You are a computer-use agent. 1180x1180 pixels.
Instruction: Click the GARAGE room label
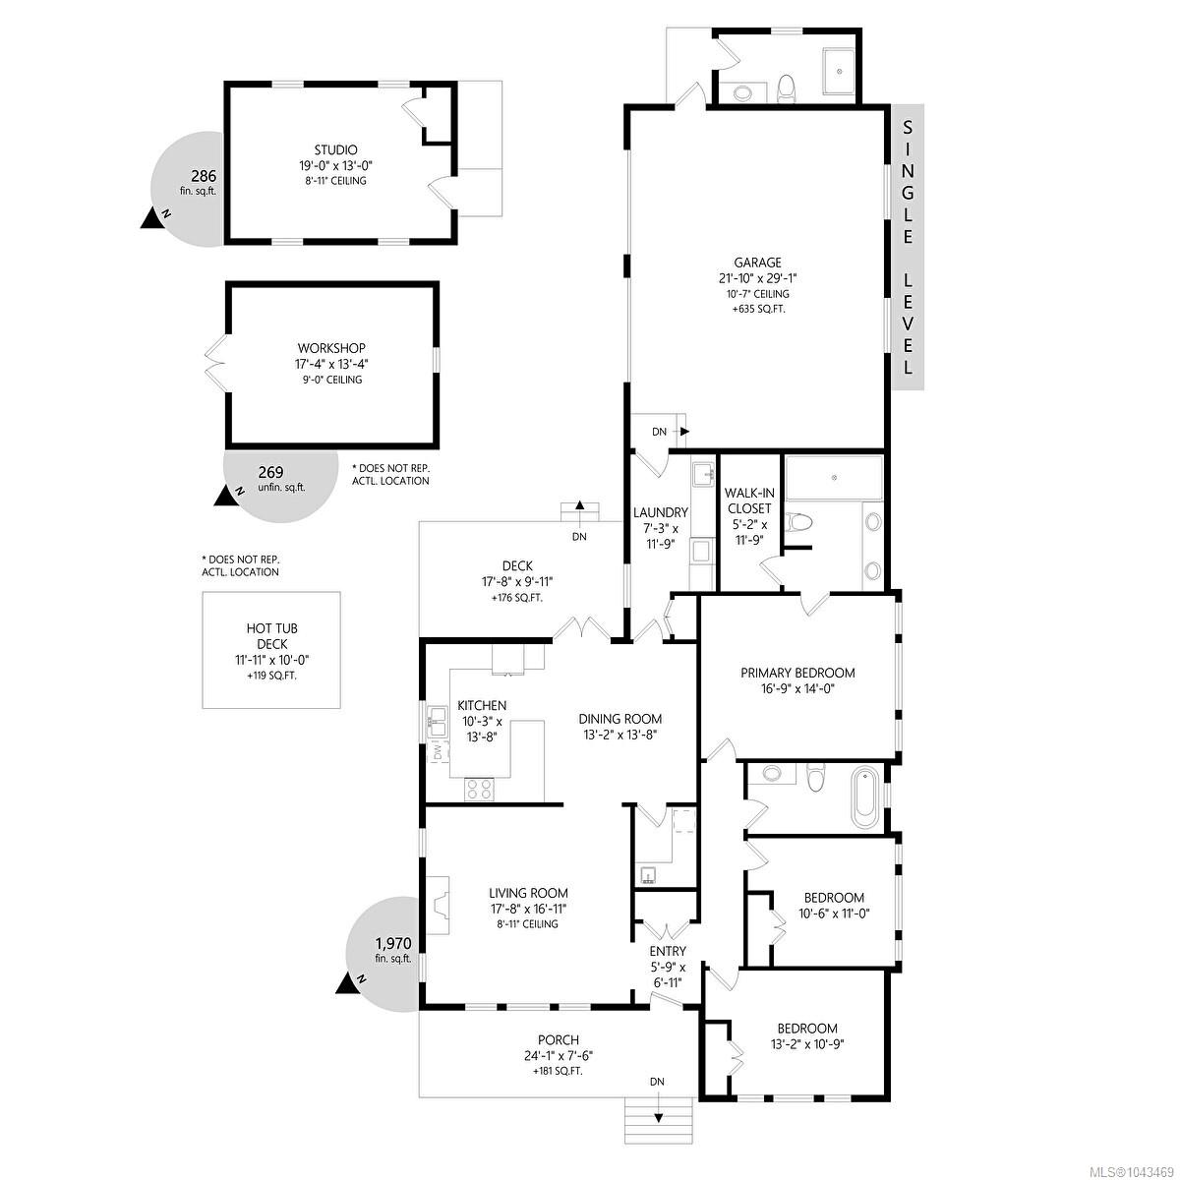[757, 263]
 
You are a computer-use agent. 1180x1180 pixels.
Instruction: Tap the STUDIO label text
[335, 150]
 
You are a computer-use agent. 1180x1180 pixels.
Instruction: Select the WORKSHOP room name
[331, 348]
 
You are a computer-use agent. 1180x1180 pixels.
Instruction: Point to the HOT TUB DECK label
[271, 636]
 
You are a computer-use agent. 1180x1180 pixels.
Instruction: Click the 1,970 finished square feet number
[394, 944]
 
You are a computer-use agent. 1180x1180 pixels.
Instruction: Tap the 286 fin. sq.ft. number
[204, 176]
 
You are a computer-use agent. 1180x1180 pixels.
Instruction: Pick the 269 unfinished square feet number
[270, 472]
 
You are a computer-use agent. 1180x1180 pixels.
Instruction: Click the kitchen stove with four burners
[479, 789]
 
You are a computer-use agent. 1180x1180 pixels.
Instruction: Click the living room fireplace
[438, 905]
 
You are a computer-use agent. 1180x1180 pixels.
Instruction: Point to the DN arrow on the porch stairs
[658, 1118]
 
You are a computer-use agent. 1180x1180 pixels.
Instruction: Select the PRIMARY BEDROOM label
[797, 673]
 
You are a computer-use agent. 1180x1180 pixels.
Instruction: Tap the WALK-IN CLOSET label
[749, 501]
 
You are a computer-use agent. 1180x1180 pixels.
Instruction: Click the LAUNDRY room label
[661, 512]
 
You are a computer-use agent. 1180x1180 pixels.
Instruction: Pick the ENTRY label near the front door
[668, 951]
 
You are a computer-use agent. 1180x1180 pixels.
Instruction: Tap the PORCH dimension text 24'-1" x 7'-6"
[555, 1055]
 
